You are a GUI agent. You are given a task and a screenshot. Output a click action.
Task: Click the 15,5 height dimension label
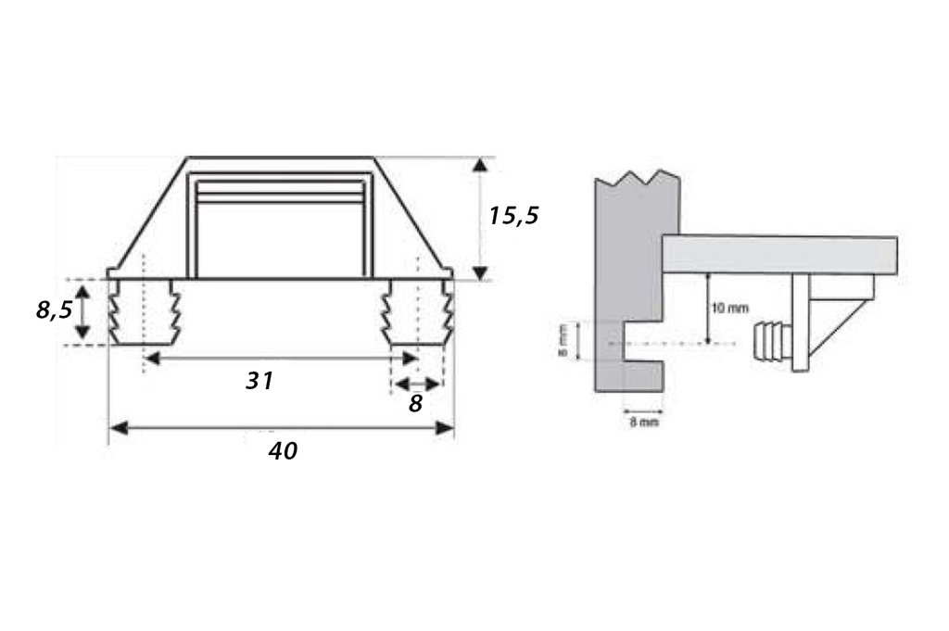(513, 216)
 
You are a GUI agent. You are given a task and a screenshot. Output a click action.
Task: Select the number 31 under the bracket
(259, 380)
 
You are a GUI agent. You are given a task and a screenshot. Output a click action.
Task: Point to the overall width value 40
(283, 451)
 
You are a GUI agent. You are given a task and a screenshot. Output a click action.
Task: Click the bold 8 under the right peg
(414, 404)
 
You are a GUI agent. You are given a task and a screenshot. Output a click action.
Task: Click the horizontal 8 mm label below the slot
(643, 423)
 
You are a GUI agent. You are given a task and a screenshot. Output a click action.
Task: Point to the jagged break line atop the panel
(638, 176)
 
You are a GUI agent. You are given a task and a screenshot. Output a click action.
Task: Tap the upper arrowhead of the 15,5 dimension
(479, 166)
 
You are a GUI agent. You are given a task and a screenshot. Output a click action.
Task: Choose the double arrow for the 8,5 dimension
(82, 311)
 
